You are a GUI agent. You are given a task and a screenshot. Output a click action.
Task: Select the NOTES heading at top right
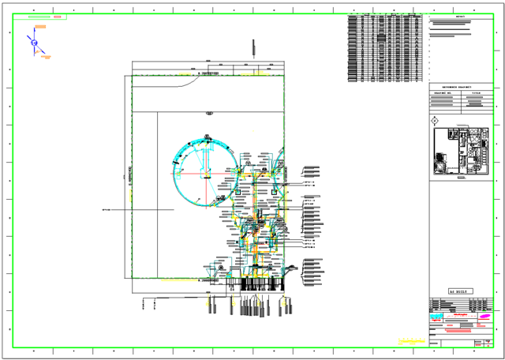pyautogui.click(x=460, y=17)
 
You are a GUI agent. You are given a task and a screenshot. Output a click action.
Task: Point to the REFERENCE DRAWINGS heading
pyautogui.click(x=457, y=86)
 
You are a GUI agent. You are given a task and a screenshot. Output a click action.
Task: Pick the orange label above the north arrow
pyautogui.click(x=40, y=26)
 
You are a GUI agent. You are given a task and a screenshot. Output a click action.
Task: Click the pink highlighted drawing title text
pyautogui.click(x=462, y=331)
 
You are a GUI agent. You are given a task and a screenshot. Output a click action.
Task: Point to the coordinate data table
pyautogui.click(x=385, y=48)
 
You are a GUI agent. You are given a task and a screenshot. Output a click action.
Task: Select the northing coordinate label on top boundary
pyautogui.click(x=208, y=73)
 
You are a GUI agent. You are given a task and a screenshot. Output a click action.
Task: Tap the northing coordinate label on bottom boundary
pyautogui.click(x=208, y=280)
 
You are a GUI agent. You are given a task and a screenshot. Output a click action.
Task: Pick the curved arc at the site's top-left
pyautogui.click(x=189, y=82)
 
